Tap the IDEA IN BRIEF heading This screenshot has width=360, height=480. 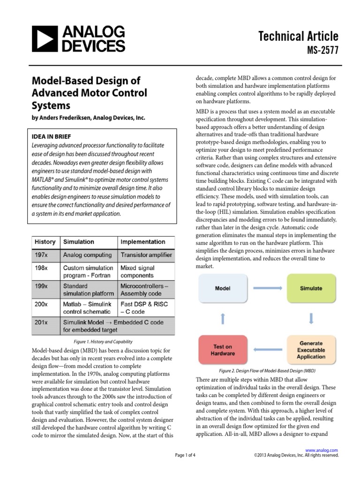point(52,136)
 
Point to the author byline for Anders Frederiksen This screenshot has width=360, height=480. point(89,118)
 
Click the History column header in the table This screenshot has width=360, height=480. point(45,242)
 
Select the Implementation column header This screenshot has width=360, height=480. point(143,242)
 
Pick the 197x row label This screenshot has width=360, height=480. point(41,255)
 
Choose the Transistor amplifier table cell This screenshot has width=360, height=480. point(146,255)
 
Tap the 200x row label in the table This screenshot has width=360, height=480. point(41,304)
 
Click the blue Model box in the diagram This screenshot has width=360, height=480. point(222,288)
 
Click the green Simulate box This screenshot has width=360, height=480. point(311,288)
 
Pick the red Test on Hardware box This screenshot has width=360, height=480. point(222,350)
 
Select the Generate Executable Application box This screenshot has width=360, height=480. point(311,350)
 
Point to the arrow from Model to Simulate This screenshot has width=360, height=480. point(266,289)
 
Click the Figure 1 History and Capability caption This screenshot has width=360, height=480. point(103,342)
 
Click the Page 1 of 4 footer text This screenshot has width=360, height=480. point(185,455)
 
